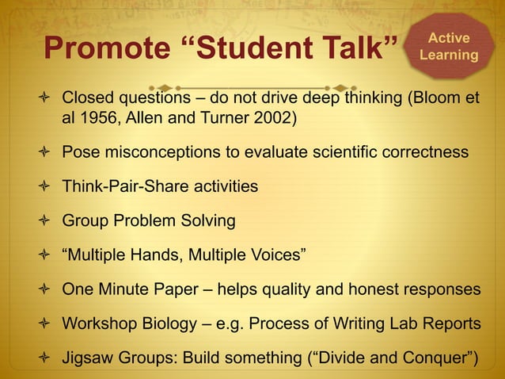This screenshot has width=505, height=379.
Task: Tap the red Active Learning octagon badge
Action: click(449, 47)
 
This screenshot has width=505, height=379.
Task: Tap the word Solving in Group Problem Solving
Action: click(207, 220)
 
